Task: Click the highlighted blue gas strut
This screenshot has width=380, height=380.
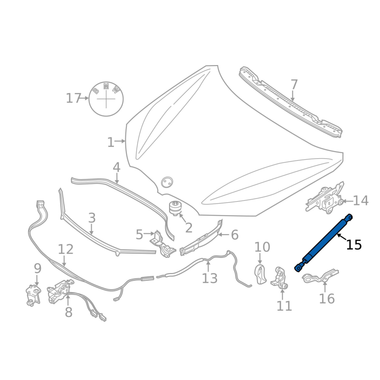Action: [x=323, y=243]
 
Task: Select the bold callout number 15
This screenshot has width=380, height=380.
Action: [x=354, y=245]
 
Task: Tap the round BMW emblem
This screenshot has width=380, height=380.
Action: [x=106, y=99]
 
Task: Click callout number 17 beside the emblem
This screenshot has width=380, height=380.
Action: [x=73, y=98]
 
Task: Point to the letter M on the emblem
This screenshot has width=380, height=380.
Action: [x=106, y=86]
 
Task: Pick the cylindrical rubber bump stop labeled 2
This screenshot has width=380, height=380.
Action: [x=175, y=208]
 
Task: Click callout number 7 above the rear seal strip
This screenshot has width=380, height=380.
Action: [x=294, y=85]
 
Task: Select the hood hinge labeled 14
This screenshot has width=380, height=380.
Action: [x=325, y=198]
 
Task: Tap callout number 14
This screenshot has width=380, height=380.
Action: [x=361, y=200]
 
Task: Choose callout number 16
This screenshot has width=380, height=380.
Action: [x=327, y=298]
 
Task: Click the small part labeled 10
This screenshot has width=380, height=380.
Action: [x=260, y=275]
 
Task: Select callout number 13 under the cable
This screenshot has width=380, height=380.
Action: [x=210, y=278]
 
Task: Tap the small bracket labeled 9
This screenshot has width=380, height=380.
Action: [x=33, y=295]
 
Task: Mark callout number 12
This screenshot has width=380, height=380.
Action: [x=66, y=249]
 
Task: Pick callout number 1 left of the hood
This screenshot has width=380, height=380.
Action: [x=111, y=142]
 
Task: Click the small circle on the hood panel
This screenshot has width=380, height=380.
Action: [x=167, y=182]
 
